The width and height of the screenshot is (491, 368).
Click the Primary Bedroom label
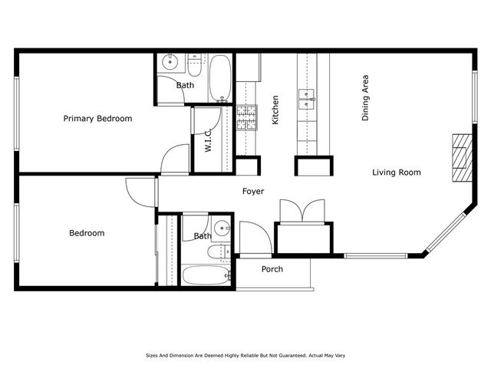(97, 119)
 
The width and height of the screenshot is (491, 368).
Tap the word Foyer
(254, 192)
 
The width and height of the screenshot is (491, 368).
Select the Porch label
(272, 269)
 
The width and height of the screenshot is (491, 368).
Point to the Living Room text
(397, 172)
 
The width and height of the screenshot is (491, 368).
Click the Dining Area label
(366, 98)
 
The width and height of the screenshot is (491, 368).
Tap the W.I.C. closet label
(208, 140)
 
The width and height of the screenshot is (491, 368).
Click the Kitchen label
(275, 110)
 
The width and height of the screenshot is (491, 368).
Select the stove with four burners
(245, 117)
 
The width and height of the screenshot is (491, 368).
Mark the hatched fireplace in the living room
(460, 156)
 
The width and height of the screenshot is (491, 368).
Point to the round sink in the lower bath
(222, 227)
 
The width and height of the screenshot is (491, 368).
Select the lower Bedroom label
(87, 233)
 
